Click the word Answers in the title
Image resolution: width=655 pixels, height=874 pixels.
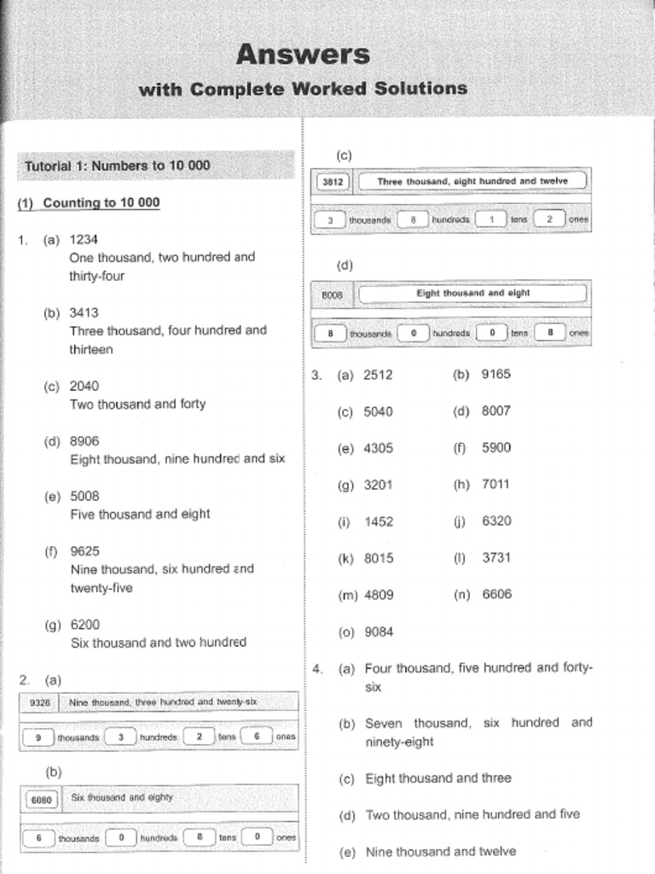click(x=303, y=55)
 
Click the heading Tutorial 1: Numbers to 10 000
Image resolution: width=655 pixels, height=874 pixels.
click(x=117, y=166)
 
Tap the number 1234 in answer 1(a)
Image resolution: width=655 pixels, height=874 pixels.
click(x=84, y=240)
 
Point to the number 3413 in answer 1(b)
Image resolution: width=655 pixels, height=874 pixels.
click(x=84, y=312)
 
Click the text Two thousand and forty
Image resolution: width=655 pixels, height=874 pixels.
click(x=137, y=404)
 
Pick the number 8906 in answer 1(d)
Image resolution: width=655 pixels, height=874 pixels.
click(x=84, y=440)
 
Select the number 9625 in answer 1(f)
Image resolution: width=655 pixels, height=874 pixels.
click(x=84, y=551)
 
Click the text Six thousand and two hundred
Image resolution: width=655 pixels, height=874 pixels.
click(x=158, y=642)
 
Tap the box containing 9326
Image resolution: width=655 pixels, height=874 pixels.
click(x=39, y=702)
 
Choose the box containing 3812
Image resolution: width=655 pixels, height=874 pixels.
click(x=332, y=182)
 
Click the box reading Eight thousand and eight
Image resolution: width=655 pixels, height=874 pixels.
click(x=472, y=293)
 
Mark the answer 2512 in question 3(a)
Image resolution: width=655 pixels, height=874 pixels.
click(x=378, y=374)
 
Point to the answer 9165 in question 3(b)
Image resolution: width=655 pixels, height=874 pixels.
click(x=496, y=374)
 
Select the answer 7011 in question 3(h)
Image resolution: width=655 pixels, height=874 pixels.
click(x=496, y=484)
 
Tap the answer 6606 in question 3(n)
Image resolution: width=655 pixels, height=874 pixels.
click(x=496, y=595)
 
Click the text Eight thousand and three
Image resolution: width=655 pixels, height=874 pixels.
click(x=438, y=778)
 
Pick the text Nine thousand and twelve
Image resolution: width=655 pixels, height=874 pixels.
click(x=440, y=851)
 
